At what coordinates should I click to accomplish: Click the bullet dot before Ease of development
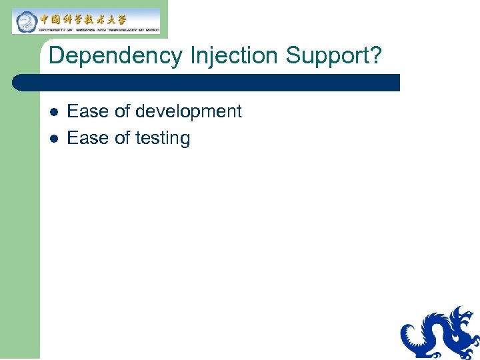coord(54,112)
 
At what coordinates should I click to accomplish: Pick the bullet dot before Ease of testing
coord(54,139)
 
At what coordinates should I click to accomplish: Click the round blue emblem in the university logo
coord(25,21)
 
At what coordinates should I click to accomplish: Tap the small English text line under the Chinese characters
coord(98,29)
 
